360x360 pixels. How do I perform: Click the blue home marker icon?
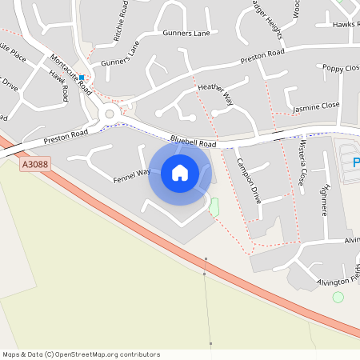click(x=179, y=173)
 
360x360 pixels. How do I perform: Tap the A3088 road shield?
click(x=35, y=164)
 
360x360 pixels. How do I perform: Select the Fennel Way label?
click(x=132, y=172)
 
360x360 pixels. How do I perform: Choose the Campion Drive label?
click(x=248, y=180)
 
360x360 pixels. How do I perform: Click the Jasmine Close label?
click(x=316, y=106)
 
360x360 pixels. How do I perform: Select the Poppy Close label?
click(x=341, y=68)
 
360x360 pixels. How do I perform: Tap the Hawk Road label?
click(x=59, y=85)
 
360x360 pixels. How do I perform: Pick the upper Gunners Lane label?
click(x=186, y=34)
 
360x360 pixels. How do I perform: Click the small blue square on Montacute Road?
click(x=81, y=78)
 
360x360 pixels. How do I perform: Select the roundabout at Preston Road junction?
click(x=110, y=114)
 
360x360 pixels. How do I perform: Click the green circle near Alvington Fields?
click(x=338, y=297)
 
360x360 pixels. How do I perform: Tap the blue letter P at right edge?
click(x=355, y=163)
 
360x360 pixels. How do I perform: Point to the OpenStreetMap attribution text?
click(x=81, y=354)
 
